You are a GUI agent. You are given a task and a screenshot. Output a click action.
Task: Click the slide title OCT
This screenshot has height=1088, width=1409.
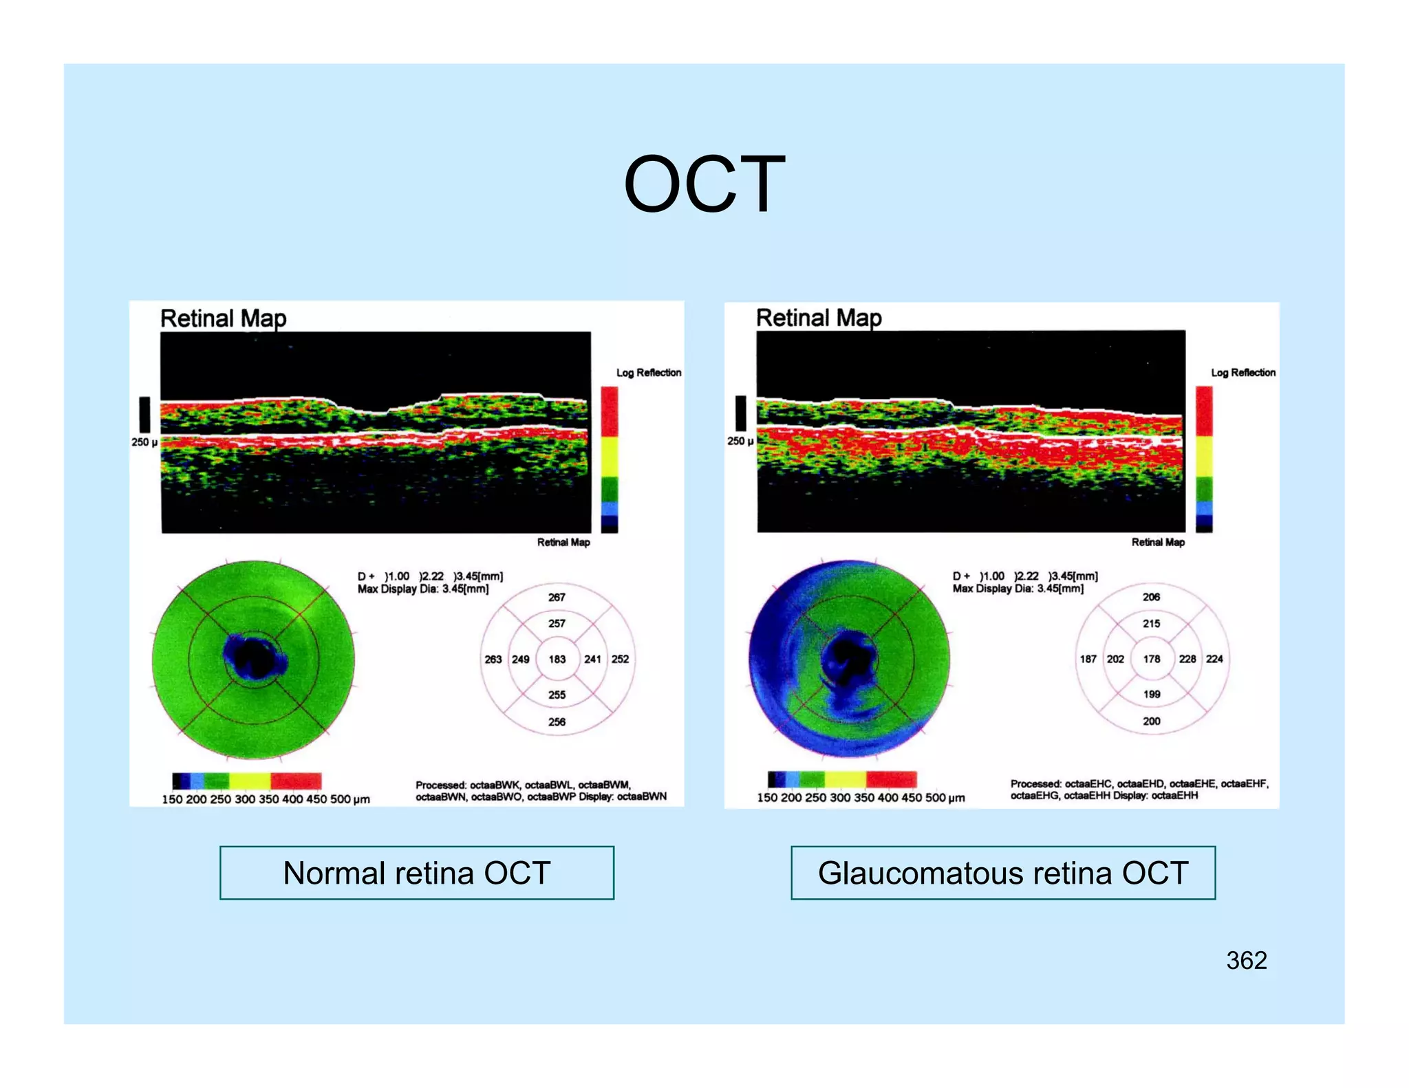point(704,184)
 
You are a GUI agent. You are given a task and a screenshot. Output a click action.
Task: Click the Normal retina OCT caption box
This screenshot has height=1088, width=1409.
point(416,873)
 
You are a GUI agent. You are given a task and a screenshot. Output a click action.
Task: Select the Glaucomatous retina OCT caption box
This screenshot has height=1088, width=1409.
point(1002,873)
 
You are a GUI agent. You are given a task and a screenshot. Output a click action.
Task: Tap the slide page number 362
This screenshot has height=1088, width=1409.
point(1246,960)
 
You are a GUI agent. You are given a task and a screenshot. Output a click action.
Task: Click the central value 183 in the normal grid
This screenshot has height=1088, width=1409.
point(557,659)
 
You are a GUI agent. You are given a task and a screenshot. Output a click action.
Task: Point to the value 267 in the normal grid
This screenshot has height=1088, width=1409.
point(557,597)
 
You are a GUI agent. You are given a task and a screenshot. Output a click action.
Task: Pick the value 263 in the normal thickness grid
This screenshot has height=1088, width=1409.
point(493,659)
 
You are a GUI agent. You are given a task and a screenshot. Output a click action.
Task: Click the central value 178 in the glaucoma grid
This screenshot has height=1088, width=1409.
point(1152,659)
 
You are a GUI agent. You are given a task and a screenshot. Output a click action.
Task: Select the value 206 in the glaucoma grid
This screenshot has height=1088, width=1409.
point(1152,597)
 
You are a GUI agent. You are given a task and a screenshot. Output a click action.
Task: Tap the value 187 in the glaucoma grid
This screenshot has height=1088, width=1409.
point(1088,659)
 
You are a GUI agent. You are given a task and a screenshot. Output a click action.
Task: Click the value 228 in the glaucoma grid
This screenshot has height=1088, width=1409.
point(1187,659)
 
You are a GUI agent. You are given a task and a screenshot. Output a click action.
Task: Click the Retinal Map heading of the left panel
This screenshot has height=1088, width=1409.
point(223,318)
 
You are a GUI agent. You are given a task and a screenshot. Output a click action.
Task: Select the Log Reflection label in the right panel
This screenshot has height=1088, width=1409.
point(1243,372)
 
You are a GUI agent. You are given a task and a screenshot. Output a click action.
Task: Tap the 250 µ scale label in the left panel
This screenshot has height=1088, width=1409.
point(144,442)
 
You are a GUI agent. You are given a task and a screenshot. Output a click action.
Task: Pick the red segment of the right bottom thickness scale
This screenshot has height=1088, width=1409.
point(891,779)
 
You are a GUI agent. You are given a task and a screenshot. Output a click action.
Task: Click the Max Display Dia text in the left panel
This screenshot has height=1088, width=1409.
point(422,589)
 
